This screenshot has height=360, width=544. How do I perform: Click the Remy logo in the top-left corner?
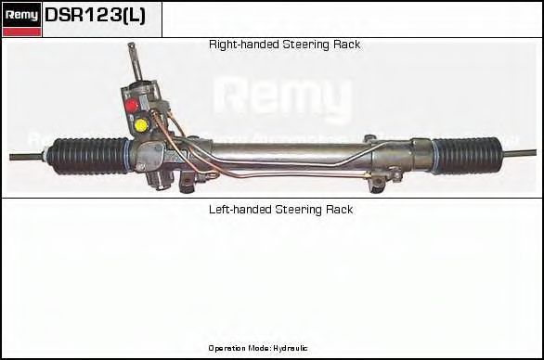point(22,14)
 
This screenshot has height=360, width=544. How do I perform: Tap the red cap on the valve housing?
point(131,105)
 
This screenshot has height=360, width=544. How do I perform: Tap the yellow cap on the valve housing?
point(140,124)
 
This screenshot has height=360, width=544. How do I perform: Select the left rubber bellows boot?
point(91,155)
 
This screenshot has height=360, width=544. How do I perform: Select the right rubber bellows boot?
point(466,155)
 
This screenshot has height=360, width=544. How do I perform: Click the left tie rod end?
point(28,156)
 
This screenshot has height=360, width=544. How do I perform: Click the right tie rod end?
point(521,149)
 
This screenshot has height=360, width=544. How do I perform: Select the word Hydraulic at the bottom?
point(289,348)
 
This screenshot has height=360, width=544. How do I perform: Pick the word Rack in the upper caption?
point(346,45)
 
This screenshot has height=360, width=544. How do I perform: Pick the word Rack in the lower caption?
point(339,210)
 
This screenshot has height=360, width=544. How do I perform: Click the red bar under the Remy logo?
point(22,32)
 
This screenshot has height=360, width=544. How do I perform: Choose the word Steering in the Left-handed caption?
point(296,210)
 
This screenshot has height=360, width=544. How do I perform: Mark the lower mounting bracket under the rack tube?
point(376,182)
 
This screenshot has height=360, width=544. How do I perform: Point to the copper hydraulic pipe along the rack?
point(278,170)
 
